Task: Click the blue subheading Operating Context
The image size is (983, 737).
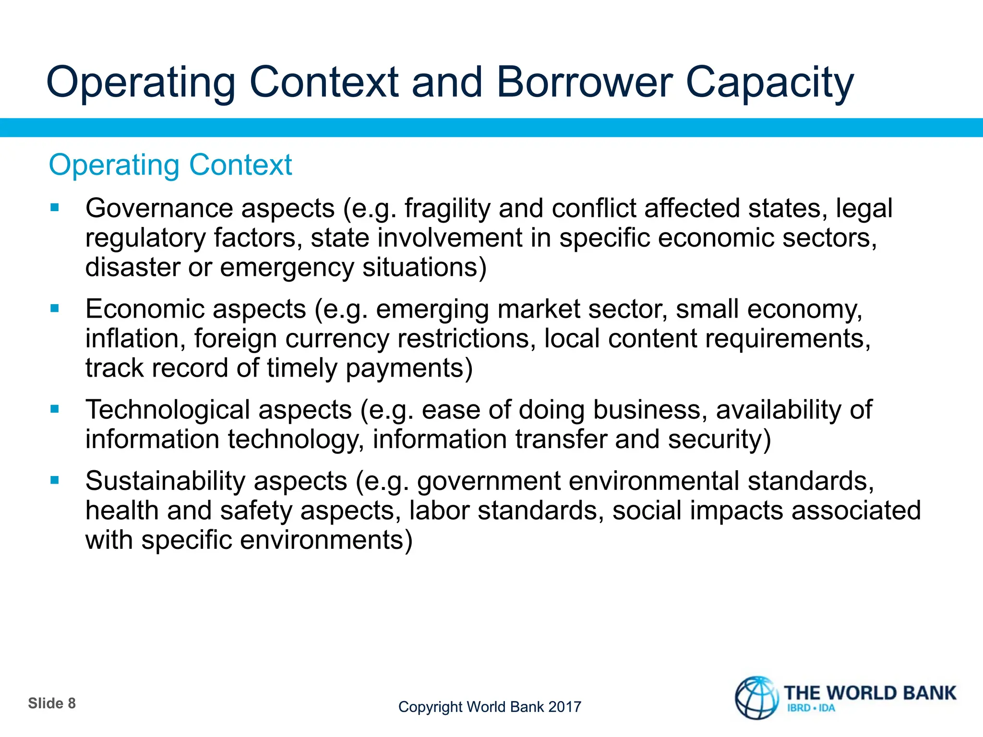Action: point(170,165)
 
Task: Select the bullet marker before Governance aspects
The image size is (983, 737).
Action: point(55,208)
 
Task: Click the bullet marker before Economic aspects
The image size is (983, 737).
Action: point(55,309)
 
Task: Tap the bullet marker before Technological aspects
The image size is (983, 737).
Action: point(55,409)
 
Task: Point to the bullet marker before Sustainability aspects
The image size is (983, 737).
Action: point(55,480)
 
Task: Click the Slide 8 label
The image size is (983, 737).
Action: point(52,703)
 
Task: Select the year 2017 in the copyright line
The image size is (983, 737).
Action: point(564,707)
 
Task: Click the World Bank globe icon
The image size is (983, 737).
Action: point(757,698)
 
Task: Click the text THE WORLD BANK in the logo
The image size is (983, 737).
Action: point(870,693)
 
